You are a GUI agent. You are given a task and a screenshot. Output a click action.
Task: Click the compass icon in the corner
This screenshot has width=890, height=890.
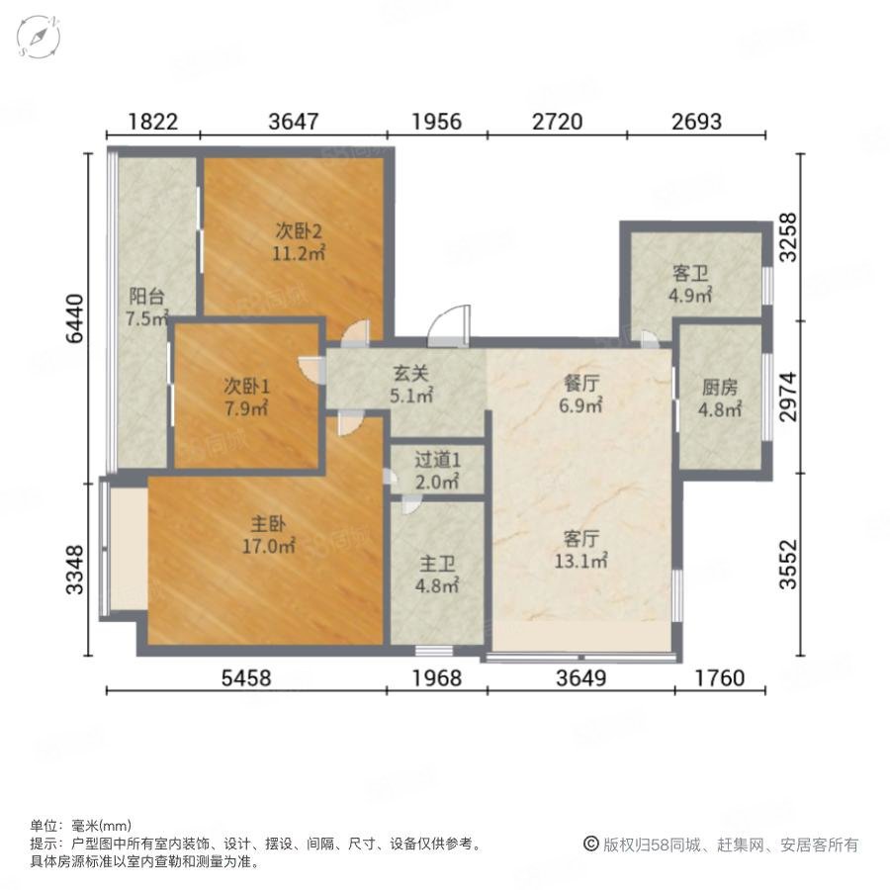tap(39, 37)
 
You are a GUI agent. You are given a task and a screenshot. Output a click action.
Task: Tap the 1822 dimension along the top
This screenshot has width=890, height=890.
tap(152, 122)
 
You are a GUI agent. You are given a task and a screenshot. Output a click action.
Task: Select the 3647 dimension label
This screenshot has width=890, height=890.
tap(294, 122)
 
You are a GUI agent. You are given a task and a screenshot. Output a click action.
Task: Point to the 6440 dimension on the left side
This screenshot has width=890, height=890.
tap(75, 319)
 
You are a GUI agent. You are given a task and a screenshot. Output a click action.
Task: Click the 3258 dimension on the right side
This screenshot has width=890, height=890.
tap(788, 237)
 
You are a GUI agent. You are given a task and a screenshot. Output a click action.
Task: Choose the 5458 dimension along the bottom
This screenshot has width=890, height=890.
tap(246, 677)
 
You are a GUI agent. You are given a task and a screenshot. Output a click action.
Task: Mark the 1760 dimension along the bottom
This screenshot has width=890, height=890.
tap(720, 677)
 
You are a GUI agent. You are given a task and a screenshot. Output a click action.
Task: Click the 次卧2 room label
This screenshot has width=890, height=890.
tap(299, 231)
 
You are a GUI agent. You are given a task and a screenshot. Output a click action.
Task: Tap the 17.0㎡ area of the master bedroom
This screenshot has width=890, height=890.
tap(268, 546)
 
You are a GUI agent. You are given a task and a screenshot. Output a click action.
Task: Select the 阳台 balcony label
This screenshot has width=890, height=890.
tap(146, 296)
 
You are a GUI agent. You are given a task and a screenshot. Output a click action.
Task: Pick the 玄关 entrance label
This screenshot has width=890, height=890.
tap(411, 373)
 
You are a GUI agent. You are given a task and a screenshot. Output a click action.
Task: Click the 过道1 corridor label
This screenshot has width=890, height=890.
tap(437, 459)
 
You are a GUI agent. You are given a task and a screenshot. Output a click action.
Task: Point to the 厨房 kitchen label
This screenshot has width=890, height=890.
tap(720, 387)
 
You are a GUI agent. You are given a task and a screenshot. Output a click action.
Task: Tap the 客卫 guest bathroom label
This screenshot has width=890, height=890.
tap(690, 274)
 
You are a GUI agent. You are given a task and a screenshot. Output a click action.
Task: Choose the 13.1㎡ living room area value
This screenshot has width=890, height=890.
tap(580, 561)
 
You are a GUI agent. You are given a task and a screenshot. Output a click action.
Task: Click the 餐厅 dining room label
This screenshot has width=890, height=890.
tap(581, 383)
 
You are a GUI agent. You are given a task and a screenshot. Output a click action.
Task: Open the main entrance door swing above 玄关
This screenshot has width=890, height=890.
tap(449, 325)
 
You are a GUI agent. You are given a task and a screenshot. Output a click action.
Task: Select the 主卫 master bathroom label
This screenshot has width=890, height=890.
tap(437, 564)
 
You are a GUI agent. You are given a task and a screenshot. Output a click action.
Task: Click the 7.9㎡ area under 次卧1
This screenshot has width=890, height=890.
tap(246, 408)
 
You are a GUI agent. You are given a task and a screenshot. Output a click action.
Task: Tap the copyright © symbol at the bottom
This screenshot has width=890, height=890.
tap(591, 845)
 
